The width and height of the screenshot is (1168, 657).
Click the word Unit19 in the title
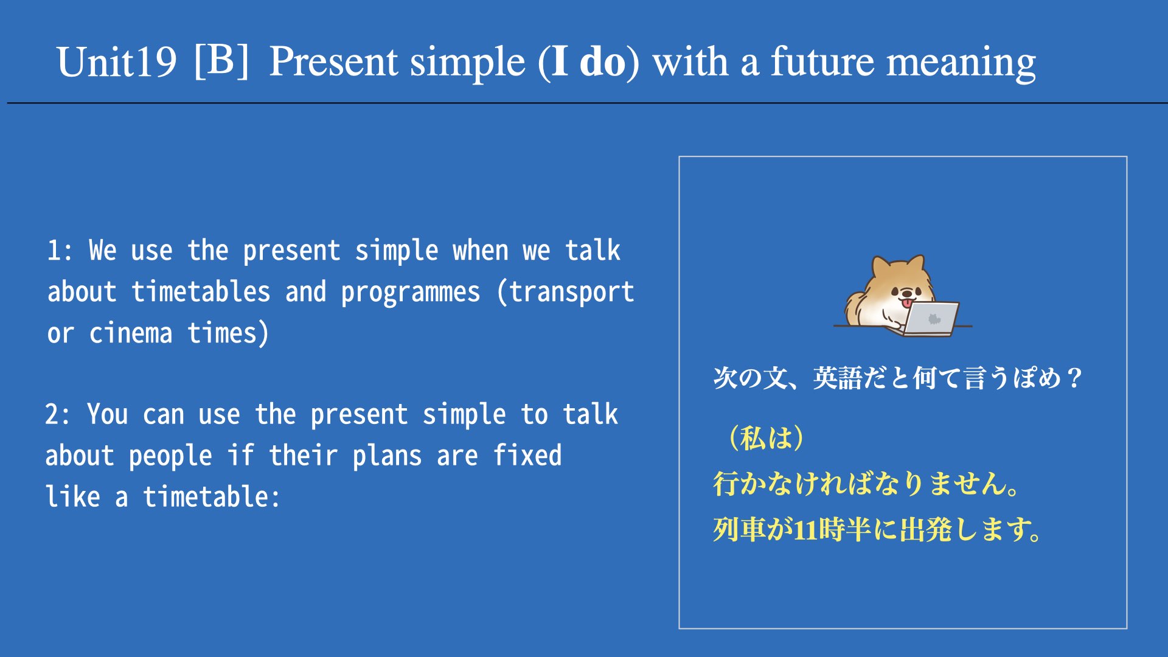coord(117,63)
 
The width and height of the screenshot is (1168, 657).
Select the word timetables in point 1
coord(201,292)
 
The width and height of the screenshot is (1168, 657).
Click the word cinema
coord(131,333)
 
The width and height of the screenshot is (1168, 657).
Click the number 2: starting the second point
coord(58,414)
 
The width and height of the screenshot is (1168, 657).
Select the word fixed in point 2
coord(527,455)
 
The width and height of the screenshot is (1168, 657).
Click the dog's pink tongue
coord(906,304)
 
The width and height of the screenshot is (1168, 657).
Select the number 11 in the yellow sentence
coord(805,530)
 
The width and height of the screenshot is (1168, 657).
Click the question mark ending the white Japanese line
coord(1075,378)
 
